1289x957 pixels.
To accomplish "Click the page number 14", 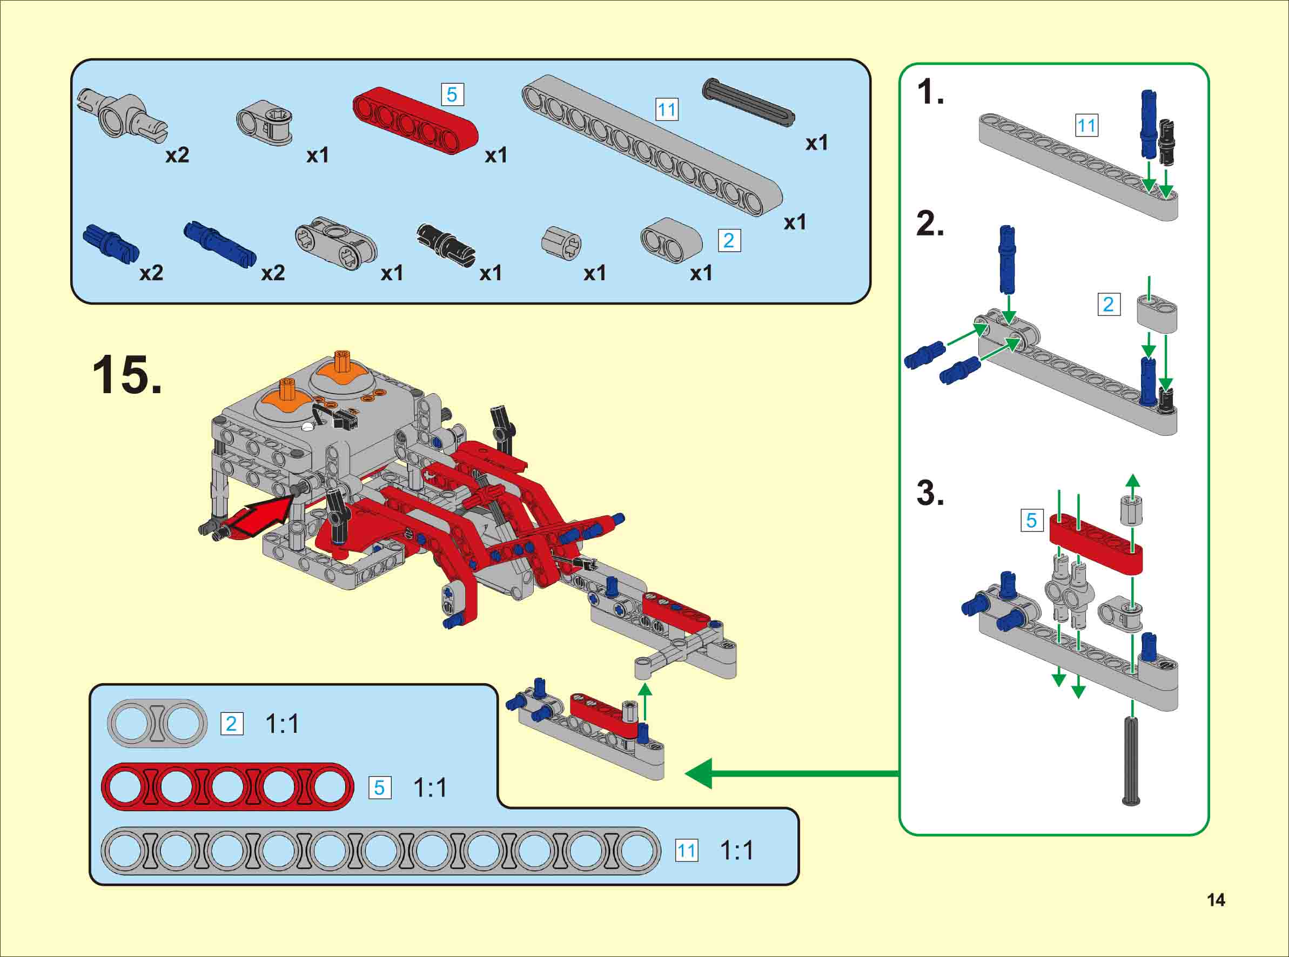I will point(1216,900).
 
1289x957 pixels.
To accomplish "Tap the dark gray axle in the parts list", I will point(748,102).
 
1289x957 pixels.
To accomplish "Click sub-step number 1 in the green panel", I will point(930,93).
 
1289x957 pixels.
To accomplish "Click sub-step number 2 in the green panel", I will point(930,224).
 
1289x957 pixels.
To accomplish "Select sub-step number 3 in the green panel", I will point(930,494).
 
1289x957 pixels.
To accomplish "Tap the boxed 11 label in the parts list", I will point(666,110).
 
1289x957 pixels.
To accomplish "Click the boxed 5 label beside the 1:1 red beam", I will point(379,788).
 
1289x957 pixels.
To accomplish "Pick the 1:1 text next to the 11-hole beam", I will point(736,851).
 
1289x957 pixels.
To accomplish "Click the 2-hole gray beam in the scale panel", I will point(157,724).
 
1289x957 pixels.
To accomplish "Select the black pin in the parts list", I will point(446,241).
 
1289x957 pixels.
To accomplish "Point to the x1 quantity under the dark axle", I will point(816,143).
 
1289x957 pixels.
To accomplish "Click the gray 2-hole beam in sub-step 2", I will point(1157,313).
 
